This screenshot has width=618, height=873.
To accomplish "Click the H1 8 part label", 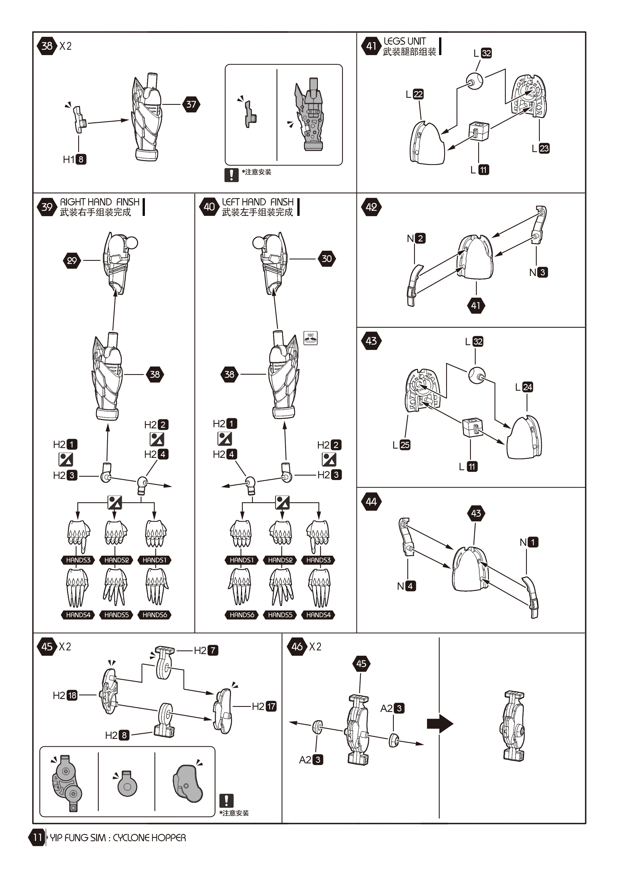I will pos(75,159).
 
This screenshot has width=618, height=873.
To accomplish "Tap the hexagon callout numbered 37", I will pos(191,104).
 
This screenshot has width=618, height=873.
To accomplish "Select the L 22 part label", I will pos(414,94).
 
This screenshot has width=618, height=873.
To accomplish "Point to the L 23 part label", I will pos(540,148).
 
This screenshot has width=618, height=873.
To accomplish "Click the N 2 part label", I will pos(416,238).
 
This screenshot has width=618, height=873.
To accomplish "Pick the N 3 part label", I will pos(538,272).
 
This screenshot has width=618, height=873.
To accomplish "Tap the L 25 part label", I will pos(401,445).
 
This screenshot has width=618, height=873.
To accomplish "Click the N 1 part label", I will pos(529,542).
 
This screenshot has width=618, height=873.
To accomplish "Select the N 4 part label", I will pos(406,586).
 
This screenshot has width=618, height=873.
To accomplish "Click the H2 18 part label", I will pos(65,695).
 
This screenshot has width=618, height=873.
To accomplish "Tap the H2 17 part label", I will pos(264,706).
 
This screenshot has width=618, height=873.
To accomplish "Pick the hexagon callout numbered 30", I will pos(327,259).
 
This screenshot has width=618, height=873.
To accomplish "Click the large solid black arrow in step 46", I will pos(440,723).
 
